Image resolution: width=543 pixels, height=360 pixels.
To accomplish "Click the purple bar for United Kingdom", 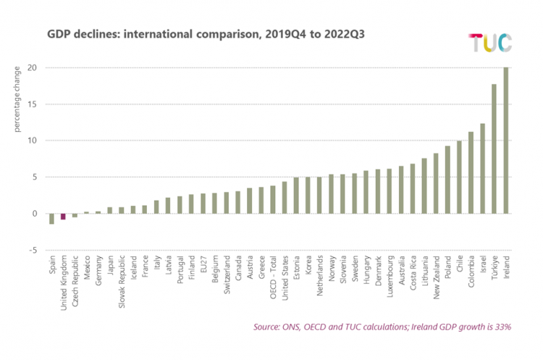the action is (x=63, y=217).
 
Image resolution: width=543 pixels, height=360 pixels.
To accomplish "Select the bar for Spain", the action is (x=51, y=219).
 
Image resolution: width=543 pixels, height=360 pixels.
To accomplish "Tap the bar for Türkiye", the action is (x=494, y=148).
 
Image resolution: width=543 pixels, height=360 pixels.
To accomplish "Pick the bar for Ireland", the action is (x=506, y=141).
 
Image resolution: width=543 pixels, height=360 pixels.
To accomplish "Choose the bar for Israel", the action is (x=482, y=168).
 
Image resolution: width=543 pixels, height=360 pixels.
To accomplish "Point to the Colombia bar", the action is (x=471, y=172).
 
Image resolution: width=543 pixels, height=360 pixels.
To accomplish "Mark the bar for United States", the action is (x=285, y=198).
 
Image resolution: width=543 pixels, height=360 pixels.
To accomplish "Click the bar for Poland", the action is (x=447, y=180).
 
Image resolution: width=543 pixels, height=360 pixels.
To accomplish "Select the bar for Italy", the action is (x=156, y=207).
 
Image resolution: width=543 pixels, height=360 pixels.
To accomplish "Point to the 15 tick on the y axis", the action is (x=32, y=104).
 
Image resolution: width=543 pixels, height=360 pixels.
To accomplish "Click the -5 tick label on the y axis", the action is (x=33, y=250).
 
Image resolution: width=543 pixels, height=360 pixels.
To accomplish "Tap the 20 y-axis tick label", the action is (x=32, y=67).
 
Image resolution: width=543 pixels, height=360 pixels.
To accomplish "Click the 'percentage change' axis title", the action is (x=17, y=99).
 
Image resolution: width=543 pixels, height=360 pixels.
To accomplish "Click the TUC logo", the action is (x=490, y=43).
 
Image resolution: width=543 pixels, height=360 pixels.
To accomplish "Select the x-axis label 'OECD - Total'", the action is (x=273, y=277).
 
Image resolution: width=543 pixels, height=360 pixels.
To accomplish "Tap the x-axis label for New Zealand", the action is (x=436, y=277).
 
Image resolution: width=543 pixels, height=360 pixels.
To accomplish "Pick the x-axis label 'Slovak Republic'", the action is (x=122, y=282).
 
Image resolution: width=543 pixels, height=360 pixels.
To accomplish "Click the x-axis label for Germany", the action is (x=98, y=271).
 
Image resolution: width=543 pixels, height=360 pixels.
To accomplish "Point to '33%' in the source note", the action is (x=502, y=327).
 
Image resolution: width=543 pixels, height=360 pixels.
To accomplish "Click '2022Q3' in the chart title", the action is (x=344, y=34).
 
